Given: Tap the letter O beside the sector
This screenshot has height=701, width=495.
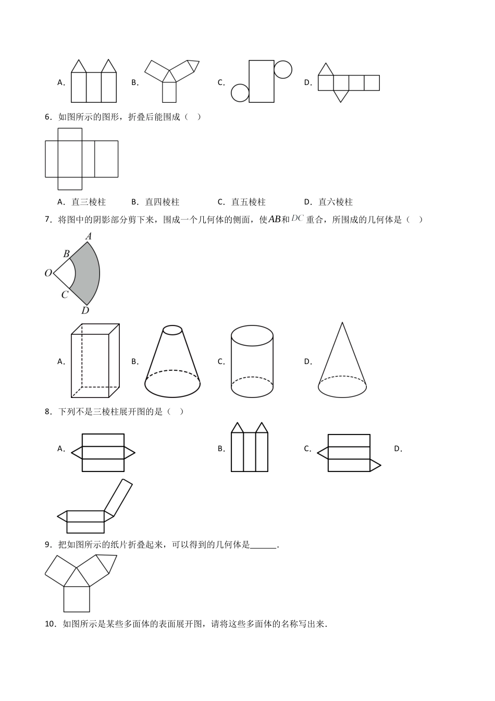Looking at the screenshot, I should [x=48, y=273].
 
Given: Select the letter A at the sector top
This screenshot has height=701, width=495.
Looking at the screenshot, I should [x=89, y=237].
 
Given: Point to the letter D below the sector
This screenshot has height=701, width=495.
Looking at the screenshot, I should [x=85, y=311].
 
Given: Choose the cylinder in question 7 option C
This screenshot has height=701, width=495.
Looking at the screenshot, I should [x=252, y=361].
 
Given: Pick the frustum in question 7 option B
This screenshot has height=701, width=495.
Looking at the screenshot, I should [x=172, y=362].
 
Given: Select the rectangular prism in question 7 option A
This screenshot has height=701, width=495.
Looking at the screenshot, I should [x=95, y=360].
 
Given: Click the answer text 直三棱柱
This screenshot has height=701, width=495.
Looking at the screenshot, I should [x=89, y=202].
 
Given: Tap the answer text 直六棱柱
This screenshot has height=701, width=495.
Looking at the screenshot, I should [x=336, y=202].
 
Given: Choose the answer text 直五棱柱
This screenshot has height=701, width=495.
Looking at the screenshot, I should [x=249, y=202].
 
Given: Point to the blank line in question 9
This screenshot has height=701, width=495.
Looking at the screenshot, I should [x=263, y=546].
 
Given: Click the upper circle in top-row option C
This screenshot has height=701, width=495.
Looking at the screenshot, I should [x=283, y=69].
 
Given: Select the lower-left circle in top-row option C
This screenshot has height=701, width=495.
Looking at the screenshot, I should [x=240, y=93].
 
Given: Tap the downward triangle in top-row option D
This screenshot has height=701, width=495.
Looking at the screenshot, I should [x=341, y=96].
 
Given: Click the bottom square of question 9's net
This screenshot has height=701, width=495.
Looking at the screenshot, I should [x=77, y=599].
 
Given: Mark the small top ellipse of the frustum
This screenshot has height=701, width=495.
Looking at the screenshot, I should [x=172, y=330].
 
